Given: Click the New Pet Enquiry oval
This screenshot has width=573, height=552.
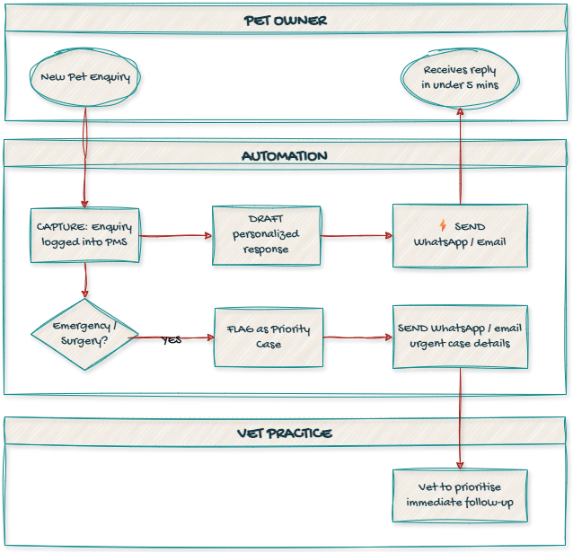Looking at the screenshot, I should click(85, 77).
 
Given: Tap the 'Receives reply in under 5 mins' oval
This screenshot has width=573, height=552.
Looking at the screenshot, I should click(460, 77).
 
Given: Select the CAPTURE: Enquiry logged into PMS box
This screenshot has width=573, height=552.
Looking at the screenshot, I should click(85, 235).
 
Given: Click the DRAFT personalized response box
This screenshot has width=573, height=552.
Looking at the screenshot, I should click(267, 235).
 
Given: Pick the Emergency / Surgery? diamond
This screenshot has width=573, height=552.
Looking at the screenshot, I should click(84, 334).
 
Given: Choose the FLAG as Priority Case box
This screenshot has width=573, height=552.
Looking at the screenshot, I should click(269, 337).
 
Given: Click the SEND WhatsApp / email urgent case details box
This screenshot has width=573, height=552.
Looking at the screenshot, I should click(460, 337).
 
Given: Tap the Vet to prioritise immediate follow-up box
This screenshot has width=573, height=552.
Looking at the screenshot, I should click(460, 495).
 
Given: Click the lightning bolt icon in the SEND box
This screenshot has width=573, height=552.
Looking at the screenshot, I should click(443, 225).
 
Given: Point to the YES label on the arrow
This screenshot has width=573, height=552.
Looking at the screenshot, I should click(172, 340).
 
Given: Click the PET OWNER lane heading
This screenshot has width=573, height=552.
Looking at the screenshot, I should click(286, 20).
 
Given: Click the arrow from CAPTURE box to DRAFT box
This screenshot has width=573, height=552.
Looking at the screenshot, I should click(175, 236).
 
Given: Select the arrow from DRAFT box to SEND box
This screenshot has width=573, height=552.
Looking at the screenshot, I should click(356, 236).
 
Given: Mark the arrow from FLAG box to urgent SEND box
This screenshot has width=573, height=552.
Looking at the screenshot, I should click(357, 337).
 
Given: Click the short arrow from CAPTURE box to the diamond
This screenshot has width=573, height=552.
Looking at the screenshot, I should click(84, 280).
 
